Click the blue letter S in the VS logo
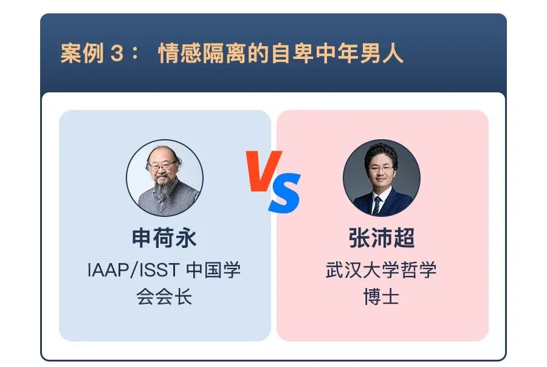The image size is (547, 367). [x=284, y=193]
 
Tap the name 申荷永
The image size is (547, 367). [x=164, y=238]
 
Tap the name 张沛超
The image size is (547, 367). [x=382, y=238]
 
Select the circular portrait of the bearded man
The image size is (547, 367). [x=165, y=178]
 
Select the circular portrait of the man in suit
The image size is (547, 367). [x=382, y=178]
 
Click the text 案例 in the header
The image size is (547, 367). [x=82, y=53]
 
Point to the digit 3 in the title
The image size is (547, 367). [x=117, y=53]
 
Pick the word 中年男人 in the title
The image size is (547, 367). [x=360, y=53]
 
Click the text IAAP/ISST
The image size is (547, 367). [x=134, y=270]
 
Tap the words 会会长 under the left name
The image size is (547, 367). [x=164, y=297]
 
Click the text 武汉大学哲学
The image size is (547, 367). [x=381, y=270]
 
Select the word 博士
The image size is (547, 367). [x=381, y=297]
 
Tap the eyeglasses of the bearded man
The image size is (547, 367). [x=162, y=166]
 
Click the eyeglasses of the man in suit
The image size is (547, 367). [x=380, y=169]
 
